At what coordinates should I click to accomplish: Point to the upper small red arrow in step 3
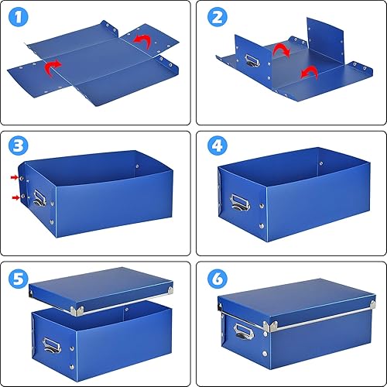coord(16,179)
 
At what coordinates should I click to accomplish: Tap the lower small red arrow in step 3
coord(16,198)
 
